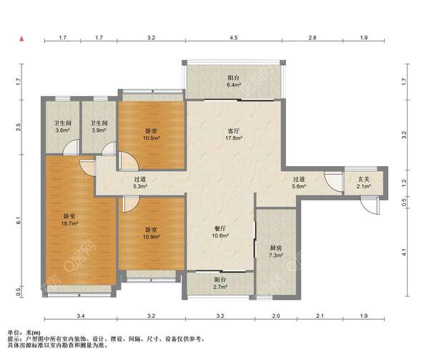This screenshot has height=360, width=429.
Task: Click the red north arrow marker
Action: tap(21, 39)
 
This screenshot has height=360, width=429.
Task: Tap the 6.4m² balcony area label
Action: tap(233, 85)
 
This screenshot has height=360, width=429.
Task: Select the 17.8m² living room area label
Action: tap(233, 138)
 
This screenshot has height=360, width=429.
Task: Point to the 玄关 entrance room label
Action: tap(364, 180)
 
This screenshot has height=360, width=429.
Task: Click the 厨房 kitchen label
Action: tap(275, 248)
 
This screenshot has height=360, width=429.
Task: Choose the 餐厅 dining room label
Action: tap(220, 228)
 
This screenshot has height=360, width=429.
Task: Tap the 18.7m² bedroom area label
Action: tap(70, 223)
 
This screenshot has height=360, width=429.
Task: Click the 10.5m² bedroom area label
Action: tap(152, 138)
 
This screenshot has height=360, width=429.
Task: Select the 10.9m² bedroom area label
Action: tap(152, 236)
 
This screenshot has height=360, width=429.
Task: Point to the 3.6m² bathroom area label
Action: tap(62, 130)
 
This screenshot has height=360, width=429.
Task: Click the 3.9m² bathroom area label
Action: tap(99, 130)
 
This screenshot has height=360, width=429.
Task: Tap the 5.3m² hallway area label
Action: tap(140, 186)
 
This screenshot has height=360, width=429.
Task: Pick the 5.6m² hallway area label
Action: tap(298, 186)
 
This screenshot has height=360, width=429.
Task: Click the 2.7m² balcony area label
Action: tap(220, 287)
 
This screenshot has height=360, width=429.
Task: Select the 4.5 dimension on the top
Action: tap(234, 37)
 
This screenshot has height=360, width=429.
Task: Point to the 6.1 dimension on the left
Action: tap(19, 220)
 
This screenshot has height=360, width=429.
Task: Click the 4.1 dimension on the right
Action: tap(404, 252)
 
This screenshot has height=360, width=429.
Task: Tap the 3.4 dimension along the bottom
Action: tap(81, 316)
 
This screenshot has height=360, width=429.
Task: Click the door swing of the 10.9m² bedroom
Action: tap(131, 204)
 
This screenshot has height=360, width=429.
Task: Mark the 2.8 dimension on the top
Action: tap(312, 37)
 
